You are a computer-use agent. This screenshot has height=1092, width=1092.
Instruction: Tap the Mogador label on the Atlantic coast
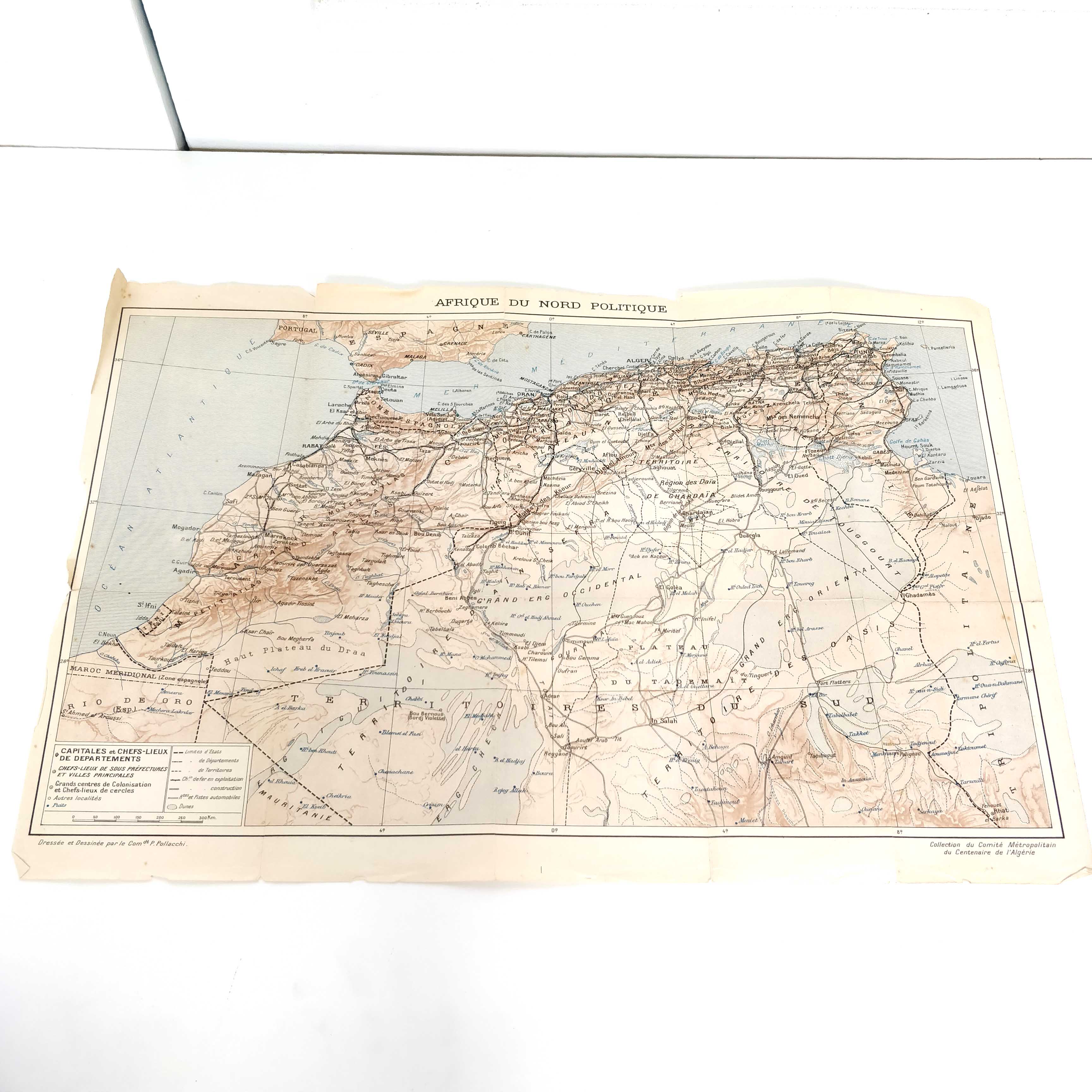point(186,528)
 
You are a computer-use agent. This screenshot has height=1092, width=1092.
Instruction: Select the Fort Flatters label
point(833,682)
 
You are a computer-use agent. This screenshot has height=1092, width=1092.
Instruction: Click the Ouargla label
point(750,535)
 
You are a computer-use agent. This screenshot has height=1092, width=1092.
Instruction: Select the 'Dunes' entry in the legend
point(186,807)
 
